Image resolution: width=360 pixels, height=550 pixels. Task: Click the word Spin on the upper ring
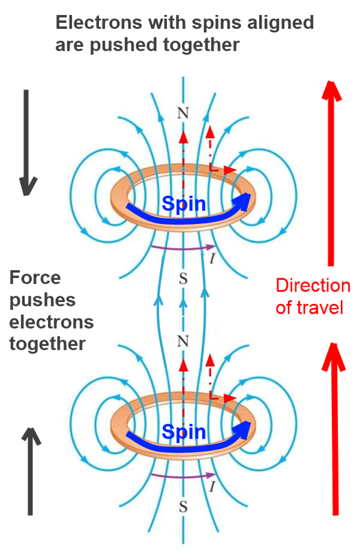pos(183,204)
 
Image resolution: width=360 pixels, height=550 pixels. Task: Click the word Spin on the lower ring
pos(183,432)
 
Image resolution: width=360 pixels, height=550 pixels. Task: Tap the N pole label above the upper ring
pos(183,113)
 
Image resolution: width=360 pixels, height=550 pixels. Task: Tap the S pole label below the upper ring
pos(183,279)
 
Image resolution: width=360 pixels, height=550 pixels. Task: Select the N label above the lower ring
pos(183,341)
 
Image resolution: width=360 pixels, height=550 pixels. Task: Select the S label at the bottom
pos(183,507)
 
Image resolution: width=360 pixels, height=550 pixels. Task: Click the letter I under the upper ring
pos(212,258)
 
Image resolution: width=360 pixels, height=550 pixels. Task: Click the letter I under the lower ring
pos(212,487)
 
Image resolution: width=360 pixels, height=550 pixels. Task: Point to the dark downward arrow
pos(27,142)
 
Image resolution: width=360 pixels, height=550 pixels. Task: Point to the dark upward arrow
pos(31,472)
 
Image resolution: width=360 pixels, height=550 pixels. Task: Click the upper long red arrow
pos(331,173)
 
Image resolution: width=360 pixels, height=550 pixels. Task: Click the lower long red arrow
pos(335,429)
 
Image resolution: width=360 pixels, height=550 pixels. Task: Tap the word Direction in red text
pos(313,285)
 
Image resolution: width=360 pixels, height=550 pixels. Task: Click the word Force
pos(35,278)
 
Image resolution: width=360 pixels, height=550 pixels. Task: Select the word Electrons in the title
pos(99,23)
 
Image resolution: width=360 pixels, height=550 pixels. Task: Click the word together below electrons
pos(47,344)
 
